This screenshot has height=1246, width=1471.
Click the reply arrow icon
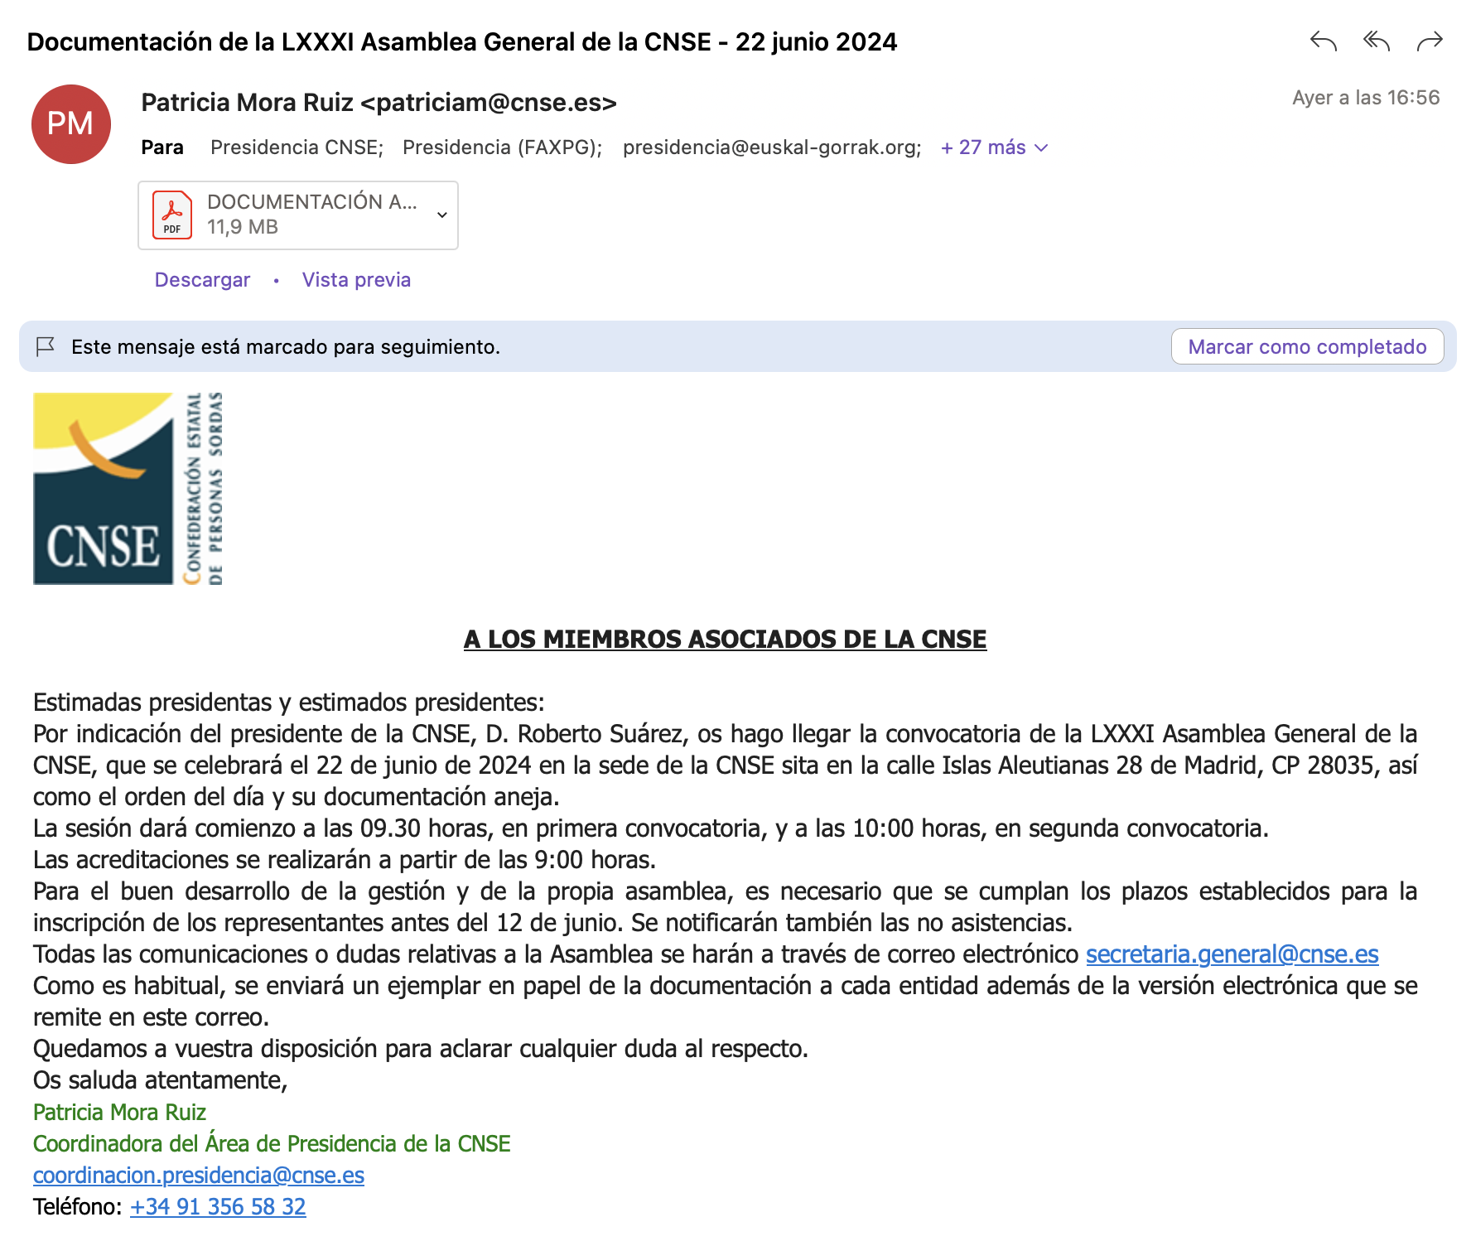(1323, 41)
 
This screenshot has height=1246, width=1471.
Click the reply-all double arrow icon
(1376, 41)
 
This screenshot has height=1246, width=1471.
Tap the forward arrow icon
(1430, 41)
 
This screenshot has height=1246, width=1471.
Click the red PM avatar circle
(71, 124)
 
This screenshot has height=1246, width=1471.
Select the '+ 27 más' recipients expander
(994, 147)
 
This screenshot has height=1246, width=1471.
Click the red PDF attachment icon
(172, 215)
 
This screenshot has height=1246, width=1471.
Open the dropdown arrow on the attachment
(442, 215)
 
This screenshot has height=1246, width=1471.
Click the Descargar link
(202, 280)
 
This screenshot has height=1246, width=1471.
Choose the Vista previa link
(356, 280)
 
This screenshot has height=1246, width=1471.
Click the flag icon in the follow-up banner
(46, 346)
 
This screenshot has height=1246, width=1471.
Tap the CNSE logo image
(128, 489)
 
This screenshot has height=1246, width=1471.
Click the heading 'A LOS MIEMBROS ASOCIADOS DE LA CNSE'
(725, 640)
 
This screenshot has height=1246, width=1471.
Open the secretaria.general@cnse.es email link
(1232, 954)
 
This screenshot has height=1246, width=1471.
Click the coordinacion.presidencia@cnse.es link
(199, 1176)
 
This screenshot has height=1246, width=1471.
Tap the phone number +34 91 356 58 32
(218, 1207)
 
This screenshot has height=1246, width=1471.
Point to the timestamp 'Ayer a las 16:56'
(1366, 98)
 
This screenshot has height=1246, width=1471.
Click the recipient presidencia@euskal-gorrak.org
(771, 147)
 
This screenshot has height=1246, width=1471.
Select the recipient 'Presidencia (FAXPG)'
(501, 147)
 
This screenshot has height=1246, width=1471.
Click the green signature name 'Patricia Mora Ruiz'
(119, 1113)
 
